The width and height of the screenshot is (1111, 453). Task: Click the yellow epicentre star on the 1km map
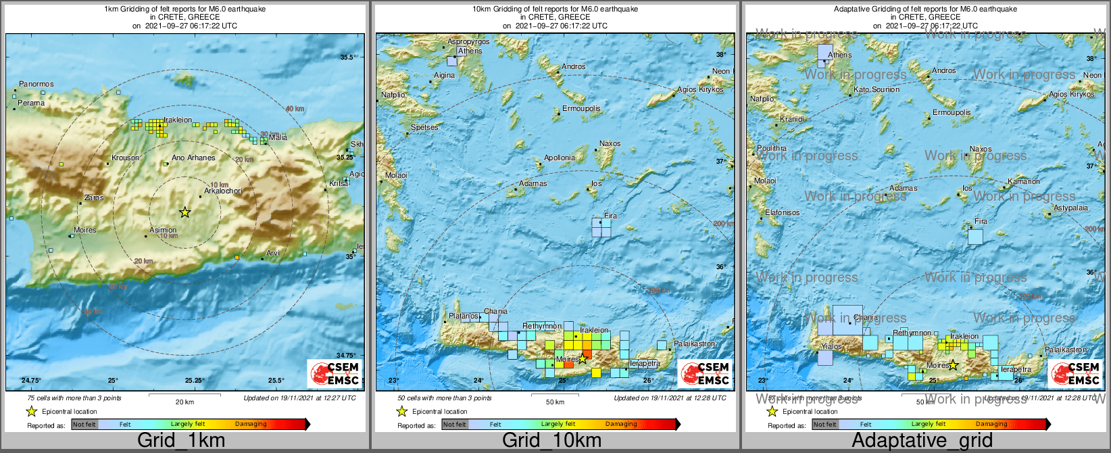click(184, 212)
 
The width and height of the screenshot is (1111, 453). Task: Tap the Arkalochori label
click(223, 191)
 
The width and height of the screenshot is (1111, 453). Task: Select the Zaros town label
click(94, 198)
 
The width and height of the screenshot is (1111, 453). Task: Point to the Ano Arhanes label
click(193, 158)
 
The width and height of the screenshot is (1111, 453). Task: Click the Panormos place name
click(36, 85)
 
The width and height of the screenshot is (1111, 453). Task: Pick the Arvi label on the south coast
click(273, 254)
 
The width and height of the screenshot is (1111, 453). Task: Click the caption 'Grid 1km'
click(181, 441)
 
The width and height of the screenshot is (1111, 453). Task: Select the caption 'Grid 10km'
click(551, 441)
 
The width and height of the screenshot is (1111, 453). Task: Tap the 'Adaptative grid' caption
click(922, 441)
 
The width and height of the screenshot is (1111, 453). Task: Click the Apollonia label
click(560, 158)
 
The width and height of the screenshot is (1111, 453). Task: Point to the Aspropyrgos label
click(468, 42)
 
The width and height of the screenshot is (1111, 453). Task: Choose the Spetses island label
click(424, 128)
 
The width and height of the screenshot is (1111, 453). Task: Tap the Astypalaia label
click(1071, 208)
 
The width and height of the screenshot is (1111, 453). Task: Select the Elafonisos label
click(783, 213)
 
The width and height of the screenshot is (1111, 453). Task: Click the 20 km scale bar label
click(184, 402)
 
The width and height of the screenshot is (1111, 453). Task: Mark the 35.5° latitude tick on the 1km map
click(347, 57)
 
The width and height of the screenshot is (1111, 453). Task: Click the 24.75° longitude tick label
click(30, 380)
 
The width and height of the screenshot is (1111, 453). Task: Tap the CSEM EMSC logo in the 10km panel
click(705, 373)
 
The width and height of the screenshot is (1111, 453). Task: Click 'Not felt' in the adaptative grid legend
click(825, 425)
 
